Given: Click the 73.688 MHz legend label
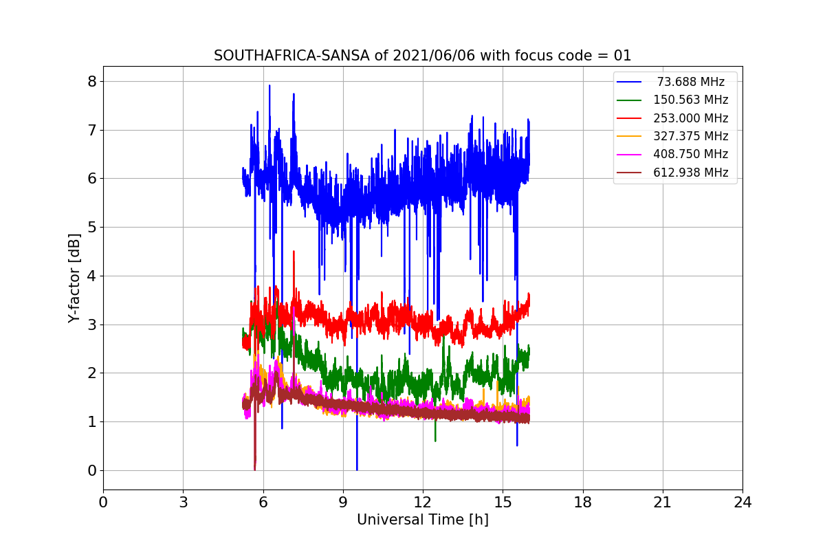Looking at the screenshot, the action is (x=690, y=82).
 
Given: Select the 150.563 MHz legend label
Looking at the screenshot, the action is (x=690, y=100).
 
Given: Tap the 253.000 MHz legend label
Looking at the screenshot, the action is (x=690, y=118).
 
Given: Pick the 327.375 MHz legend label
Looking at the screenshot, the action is (x=690, y=136).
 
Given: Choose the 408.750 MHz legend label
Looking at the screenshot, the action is (x=690, y=154).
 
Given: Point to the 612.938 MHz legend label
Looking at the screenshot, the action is (x=690, y=173).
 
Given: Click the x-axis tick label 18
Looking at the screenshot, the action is (x=583, y=503).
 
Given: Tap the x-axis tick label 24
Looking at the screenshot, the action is (x=742, y=503).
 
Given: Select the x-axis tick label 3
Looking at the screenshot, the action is (x=184, y=503).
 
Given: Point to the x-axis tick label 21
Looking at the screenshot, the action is (x=663, y=503).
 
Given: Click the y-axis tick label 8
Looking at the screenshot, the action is (x=92, y=81).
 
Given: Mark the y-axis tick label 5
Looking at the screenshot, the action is (x=92, y=228).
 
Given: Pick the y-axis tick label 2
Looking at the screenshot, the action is (x=92, y=373).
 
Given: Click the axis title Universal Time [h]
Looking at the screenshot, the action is (x=423, y=520).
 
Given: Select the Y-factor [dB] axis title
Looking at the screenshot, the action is (x=74, y=278).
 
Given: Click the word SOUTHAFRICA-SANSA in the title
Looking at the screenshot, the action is (x=291, y=56).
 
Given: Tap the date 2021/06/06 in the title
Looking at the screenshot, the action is (x=434, y=56).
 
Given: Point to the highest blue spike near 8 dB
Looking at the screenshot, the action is (x=269, y=86).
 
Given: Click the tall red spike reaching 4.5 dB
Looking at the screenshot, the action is (x=294, y=252).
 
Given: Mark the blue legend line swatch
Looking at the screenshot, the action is (x=629, y=82).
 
